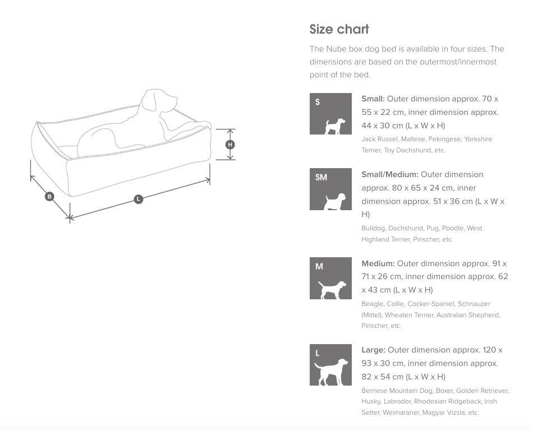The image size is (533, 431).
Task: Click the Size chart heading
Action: [339, 30]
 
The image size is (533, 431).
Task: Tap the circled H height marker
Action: [230, 145]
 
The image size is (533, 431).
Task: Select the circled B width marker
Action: [49, 196]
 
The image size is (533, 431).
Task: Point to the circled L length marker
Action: [138, 199]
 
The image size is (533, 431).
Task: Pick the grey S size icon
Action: [331, 114]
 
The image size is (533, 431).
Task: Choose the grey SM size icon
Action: [331, 189]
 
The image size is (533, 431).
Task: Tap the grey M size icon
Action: [331, 278]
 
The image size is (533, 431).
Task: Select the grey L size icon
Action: [331, 365]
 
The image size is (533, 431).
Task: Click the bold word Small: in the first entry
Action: [373, 99]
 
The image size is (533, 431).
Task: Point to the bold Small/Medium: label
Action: [390, 174]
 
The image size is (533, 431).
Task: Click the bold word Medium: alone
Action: [378, 263]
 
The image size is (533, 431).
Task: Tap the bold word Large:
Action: [373, 350]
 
